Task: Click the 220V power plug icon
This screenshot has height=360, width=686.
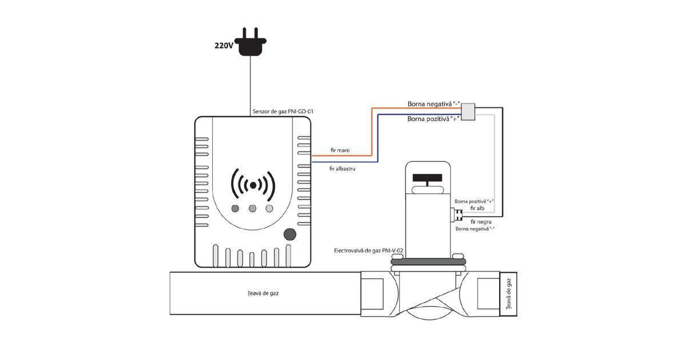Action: [251, 43]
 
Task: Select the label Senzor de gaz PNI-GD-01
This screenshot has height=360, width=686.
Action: [282, 112]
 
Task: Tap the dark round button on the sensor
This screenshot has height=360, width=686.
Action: [290, 234]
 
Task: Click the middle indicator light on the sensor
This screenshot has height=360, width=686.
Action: [252, 208]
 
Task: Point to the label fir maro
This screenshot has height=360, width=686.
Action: [340, 150]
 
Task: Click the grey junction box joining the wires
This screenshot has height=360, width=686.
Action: [469, 112]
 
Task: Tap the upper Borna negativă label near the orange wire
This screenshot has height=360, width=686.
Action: [434, 104]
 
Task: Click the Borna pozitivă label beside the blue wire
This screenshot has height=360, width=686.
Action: [433, 119]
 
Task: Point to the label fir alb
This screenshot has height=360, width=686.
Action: [477, 209]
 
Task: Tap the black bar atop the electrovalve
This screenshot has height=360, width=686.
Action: [428, 178]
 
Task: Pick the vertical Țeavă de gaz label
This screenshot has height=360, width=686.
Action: [509, 294]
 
